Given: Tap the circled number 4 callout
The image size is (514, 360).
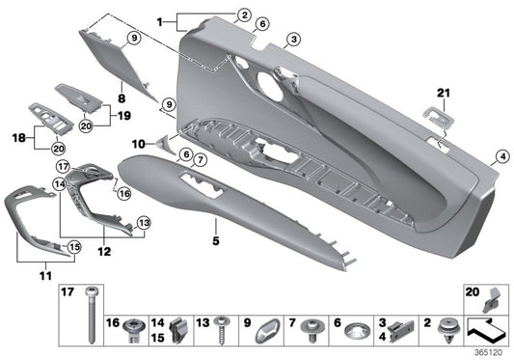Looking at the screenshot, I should [x=502, y=157].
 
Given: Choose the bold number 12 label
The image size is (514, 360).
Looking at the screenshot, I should [x=103, y=251].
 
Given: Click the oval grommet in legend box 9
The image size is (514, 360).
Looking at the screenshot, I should [x=265, y=331].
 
